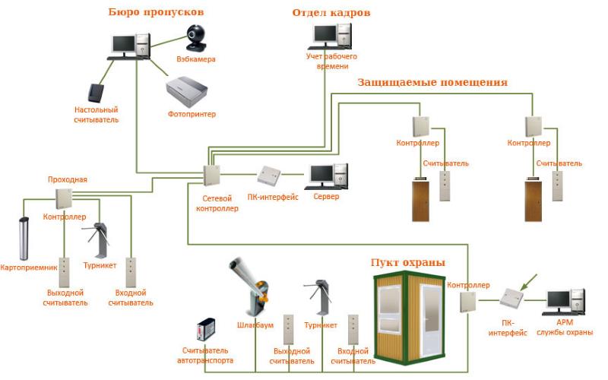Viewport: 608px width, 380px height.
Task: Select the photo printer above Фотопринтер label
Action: click(x=188, y=90)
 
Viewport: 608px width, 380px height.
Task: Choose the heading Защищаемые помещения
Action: click(x=432, y=82)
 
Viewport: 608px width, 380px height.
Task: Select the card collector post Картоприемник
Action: click(x=24, y=239)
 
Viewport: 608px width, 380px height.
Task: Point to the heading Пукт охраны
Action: click(x=407, y=263)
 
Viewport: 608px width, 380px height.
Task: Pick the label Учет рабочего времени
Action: click(x=331, y=61)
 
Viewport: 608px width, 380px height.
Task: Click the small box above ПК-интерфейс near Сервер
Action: click(x=270, y=176)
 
